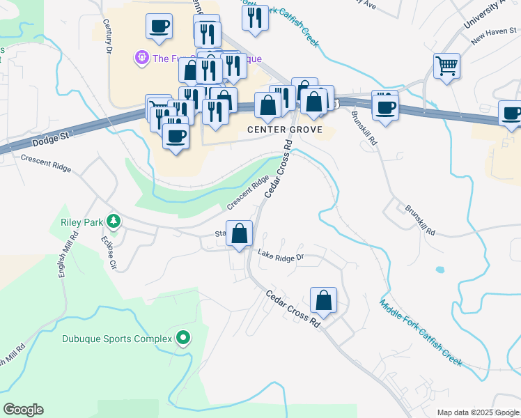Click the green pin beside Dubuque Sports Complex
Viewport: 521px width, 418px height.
click(x=183, y=339)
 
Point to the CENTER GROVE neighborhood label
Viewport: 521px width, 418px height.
click(x=283, y=130)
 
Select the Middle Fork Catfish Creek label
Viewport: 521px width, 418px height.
click(x=421, y=332)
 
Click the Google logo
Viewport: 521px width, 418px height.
click(x=23, y=410)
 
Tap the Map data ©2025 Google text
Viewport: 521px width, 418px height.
click(x=478, y=412)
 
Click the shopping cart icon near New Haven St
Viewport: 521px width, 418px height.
click(x=446, y=66)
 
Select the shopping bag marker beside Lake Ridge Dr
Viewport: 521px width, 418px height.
click(x=240, y=234)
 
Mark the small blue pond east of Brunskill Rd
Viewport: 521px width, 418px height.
click(x=440, y=270)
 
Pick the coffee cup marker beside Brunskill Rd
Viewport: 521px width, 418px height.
click(x=384, y=107)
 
